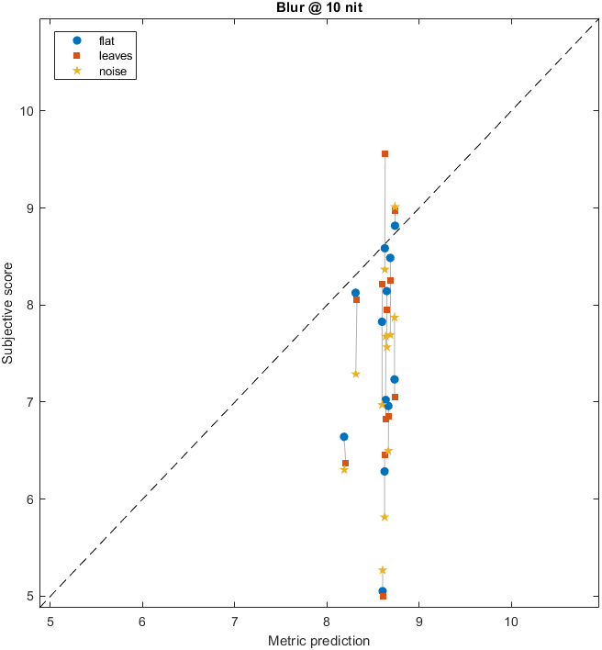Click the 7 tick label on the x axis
(x=234, y=620)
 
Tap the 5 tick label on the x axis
(x=50, y=620)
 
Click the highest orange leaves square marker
(x=385, y=153)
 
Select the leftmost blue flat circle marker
(x=344, y=437)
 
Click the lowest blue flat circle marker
(x=383, y=591)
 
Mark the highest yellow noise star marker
(x=395, y=207)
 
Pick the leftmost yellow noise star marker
(x=344, y=469)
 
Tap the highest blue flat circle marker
(x=395, y=226)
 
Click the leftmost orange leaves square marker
(x=345, y=464)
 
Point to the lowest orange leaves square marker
(x=383, y=597)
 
